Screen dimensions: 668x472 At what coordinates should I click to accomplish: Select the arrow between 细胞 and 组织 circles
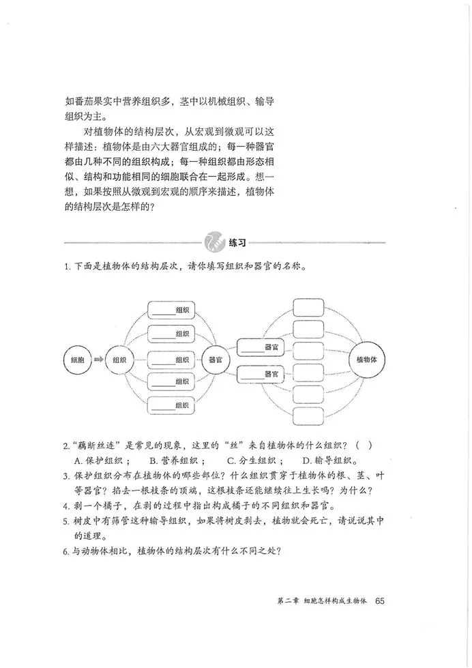pos(98,360)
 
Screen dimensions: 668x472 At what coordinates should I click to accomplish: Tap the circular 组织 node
pos(120,360)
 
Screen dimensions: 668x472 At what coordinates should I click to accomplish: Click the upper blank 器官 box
pos(260,347)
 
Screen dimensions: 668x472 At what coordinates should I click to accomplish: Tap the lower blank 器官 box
pos(260,374)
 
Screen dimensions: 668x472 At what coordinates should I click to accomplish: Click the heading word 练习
pos(237,242)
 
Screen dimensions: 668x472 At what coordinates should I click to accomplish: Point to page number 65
pos(381,601)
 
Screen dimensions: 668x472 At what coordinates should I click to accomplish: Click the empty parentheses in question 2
pos(362,446)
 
